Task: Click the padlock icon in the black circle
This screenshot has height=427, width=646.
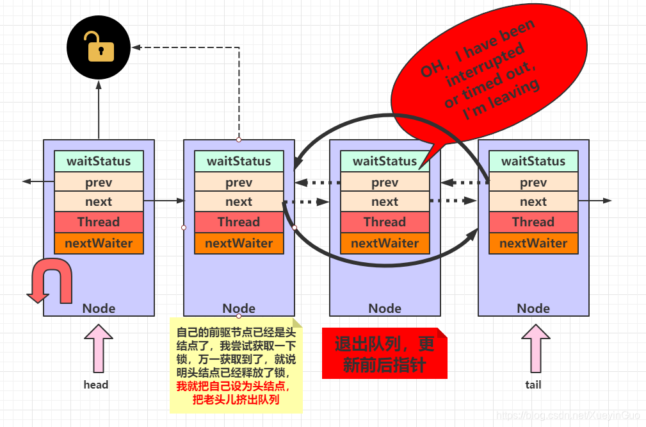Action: point(101,47)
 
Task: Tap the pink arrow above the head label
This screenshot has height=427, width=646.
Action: point(98,348)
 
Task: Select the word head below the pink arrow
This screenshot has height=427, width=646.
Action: point(96,385)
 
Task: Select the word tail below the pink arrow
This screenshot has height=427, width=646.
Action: point(533,385)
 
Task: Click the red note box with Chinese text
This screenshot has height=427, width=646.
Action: point(384,353)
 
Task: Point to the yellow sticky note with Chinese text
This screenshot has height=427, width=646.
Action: point(236,365)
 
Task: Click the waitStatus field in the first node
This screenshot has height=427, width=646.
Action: point(99,161)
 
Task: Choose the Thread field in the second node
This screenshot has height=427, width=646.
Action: point(239,222)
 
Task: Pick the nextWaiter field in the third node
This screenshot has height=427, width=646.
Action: point(385,243)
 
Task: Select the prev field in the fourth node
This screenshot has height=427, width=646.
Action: point(533,182)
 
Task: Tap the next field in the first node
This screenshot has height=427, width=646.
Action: point(99,201)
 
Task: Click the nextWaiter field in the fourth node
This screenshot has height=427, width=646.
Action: point(533,243)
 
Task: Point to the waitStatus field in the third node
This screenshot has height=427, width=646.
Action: point(385,161)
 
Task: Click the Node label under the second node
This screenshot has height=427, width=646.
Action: point(239,308)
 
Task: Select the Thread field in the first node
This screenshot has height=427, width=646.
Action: point(99,222)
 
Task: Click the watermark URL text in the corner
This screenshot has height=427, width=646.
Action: point(569,415)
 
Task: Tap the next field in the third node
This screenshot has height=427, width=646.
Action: point(385,201)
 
